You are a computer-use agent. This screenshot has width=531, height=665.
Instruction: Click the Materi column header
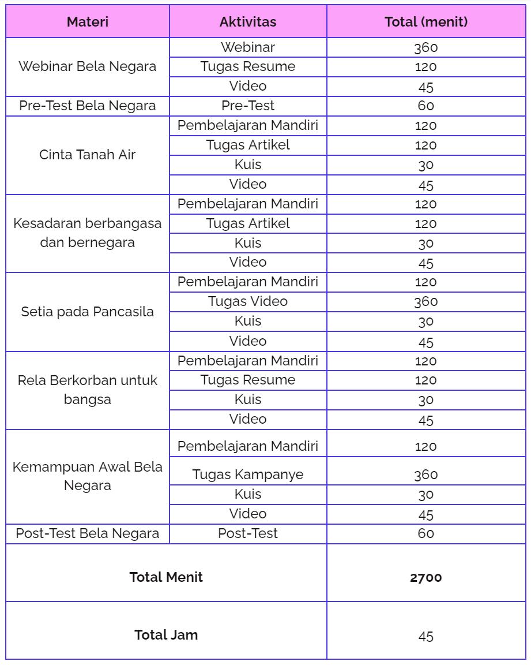pyautogui.click(x=88, y=22)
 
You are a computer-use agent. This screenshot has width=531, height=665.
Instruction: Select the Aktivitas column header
pyautogui.click(x=248, y=22)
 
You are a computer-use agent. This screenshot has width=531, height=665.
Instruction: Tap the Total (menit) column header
pyautogui.click(x=426, y=22)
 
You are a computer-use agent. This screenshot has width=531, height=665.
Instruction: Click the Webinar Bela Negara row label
pyautogui.click(x=88, y=66)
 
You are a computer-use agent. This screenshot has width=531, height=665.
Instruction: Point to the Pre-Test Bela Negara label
pyautogui.click(x=88, y=106)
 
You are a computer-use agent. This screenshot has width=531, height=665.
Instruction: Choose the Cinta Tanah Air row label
pyautogui.click(x=88, y=155)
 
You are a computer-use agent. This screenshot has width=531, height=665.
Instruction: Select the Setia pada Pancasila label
pyautogui.click(x=88, y=312)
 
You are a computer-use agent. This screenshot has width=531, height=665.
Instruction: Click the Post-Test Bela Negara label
pyautogui.click(x=88, y=533)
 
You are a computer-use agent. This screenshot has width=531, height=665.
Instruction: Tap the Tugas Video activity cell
pyautogui.click(x=248, y=301)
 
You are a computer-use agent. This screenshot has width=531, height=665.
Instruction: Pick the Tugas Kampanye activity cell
pyautogui.click(x=248, y=475)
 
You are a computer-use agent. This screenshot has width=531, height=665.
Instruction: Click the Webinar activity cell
pyautogui.click(x=248, y=47)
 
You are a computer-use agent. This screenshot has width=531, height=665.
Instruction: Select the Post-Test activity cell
pyautogui.click(x=248, y=533)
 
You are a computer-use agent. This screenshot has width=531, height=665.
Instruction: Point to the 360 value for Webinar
pyautogui.click(x=426, y=48)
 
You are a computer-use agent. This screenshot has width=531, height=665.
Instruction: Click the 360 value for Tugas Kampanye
pyautogui.click(x=426, y=475)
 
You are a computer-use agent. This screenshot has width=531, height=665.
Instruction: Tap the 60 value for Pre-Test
pyautogui.click(x=426, y=106)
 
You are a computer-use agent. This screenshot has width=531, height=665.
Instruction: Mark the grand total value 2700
pyautogui.click(x=426, y=577)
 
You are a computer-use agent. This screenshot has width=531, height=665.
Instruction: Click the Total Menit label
pyautogui.click(x=166, y=577)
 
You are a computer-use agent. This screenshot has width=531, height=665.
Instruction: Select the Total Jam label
pyautogui.click(x=166, y=635)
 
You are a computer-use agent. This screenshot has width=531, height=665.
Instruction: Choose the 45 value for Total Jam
pyautogui.click(x=426, y=636)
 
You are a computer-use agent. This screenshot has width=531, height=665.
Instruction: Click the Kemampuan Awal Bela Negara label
pyautogui.click(x=88, y=476)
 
